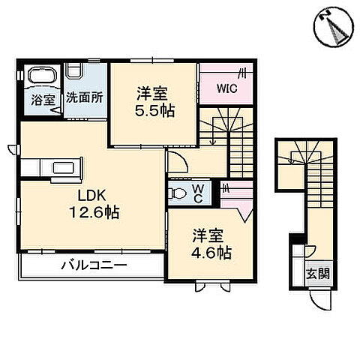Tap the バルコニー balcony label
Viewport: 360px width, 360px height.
(x=94, y=265)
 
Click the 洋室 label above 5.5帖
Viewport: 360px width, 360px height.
(x=152, y=93)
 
